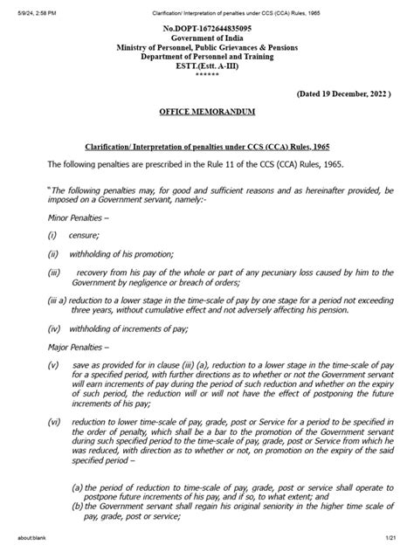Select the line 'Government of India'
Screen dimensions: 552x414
tap(207, 42)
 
